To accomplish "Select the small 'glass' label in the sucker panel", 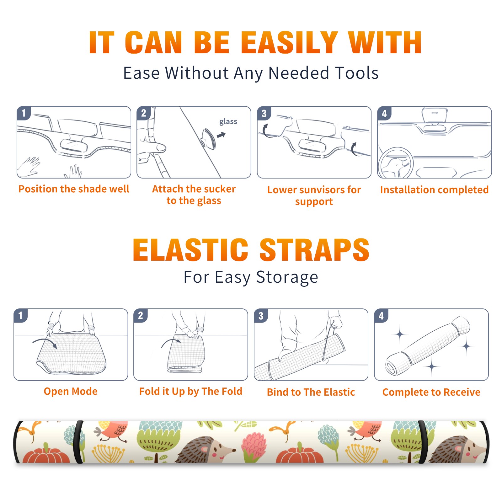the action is point(228,122).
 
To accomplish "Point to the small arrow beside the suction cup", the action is point(221,135).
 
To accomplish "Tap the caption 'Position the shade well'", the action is point(74,189).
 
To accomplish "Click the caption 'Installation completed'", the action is point(434,190).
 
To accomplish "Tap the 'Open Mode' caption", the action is point(71,392).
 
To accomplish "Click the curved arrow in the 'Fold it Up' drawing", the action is point(171,342).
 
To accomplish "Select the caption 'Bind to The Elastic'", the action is point(311,392).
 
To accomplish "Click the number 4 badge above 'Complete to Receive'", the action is point(381,316).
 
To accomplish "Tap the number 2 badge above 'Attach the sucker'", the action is point(144,113).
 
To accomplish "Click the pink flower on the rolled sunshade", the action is point(254,445).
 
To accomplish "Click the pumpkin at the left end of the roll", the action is point(46,454).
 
